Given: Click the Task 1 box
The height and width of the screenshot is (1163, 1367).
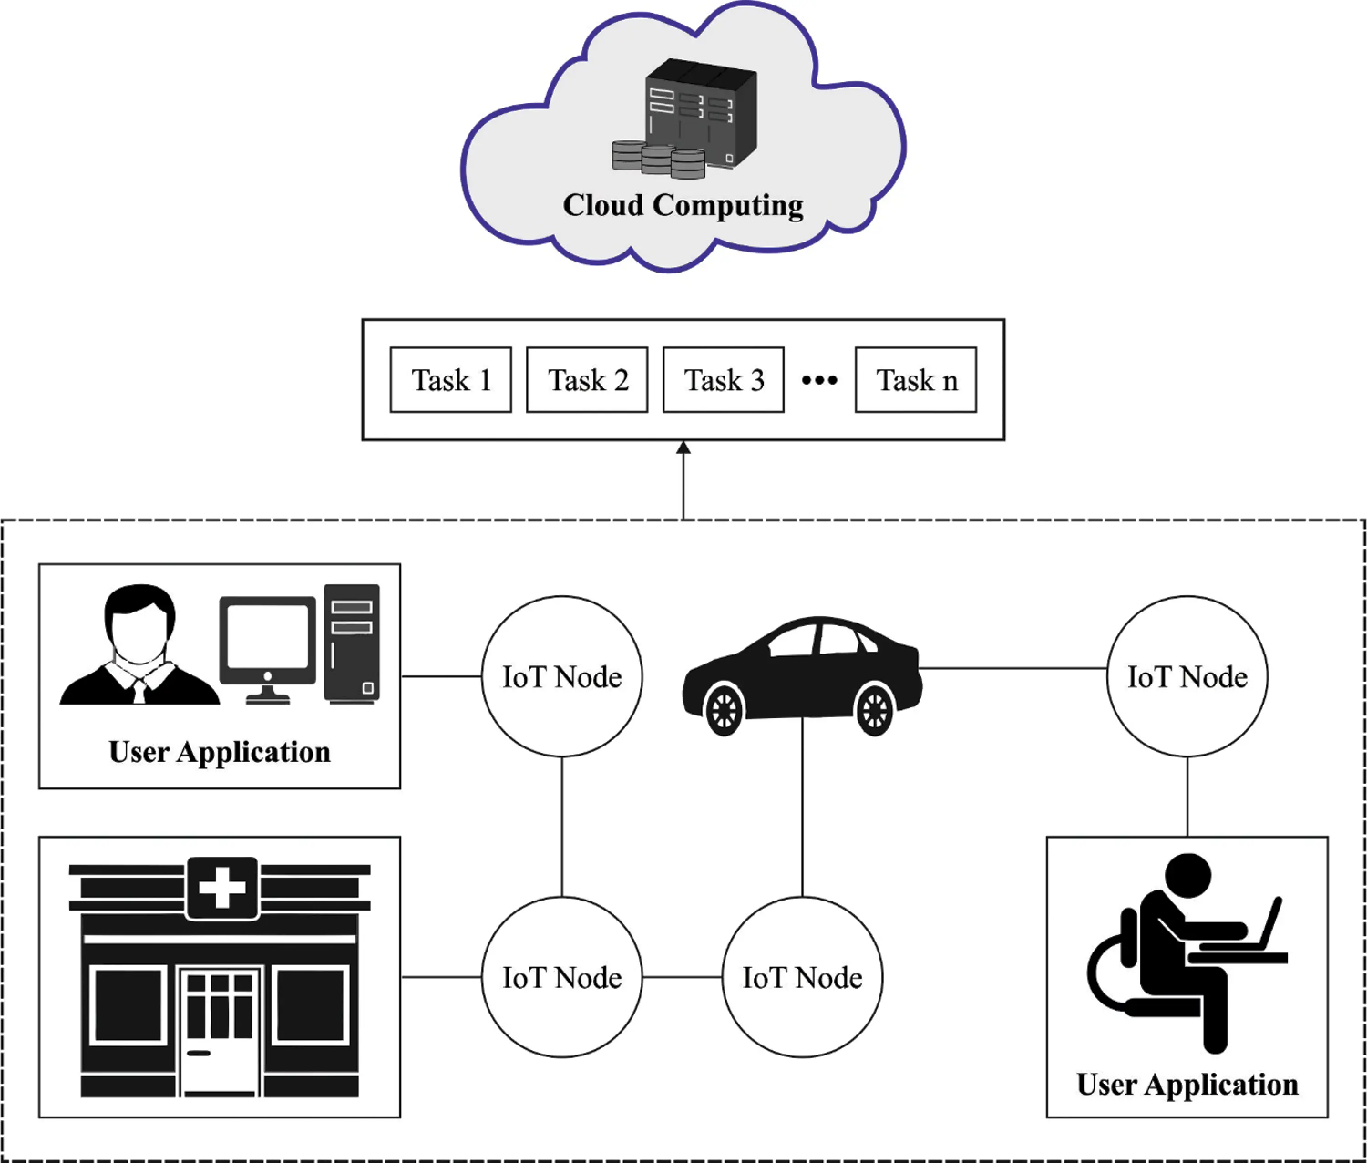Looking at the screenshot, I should (450, 380).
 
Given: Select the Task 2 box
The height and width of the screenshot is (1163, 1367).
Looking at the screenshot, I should (586, 380).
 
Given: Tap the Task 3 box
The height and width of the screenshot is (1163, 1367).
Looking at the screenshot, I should (723, 380).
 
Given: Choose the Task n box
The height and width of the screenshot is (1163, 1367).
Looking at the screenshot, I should (915, 380).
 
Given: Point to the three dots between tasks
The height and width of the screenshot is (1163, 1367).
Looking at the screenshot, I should (819, 380).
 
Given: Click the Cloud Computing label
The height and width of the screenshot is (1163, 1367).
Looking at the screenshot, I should (683, 205).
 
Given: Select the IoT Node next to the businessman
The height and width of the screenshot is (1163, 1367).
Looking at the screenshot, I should (561, 676).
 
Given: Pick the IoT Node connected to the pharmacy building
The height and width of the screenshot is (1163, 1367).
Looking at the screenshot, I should (561, 977).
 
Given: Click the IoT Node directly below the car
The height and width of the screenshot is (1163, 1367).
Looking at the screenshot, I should (802, 977).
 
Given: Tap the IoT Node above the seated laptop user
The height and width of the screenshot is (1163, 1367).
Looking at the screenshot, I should (1187, 676).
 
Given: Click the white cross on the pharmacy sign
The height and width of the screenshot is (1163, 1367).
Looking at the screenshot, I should (222, 887).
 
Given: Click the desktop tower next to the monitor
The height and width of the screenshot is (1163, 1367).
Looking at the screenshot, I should (351, 643).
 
